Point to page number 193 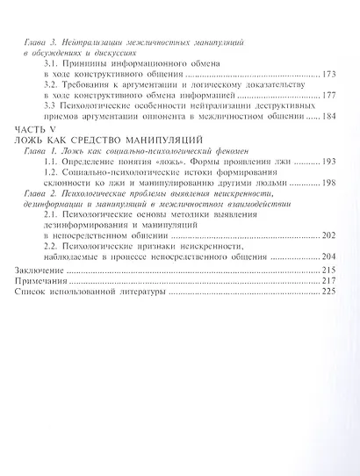click(330, 163)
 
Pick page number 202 click(330, 235)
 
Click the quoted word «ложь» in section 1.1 click(180, 163)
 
